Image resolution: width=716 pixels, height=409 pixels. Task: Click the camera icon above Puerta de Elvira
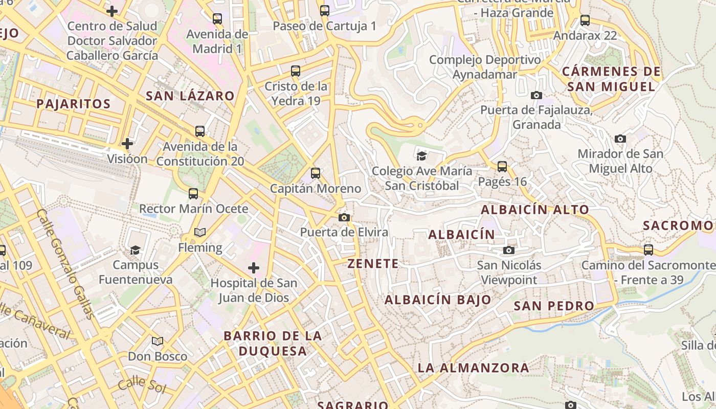coord(344,218)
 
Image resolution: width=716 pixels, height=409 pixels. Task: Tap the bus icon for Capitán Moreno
coord(316,173)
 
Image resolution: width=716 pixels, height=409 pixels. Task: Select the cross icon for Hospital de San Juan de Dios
coord(254,268)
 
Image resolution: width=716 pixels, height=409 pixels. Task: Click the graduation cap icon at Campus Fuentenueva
coord(135,250)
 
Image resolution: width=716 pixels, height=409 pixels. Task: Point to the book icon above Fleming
coord(200,233)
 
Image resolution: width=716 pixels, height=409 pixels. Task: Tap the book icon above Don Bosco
coord(158,341)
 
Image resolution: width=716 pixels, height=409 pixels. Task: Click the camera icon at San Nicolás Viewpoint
coord(508,250)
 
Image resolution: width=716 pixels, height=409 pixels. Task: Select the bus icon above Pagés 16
coord(502,167)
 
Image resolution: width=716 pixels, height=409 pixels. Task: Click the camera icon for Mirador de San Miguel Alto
coord(620,139)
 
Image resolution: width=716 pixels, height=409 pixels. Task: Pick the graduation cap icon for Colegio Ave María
coord(421,156)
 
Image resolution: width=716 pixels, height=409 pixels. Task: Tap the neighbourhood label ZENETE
coord(373,264)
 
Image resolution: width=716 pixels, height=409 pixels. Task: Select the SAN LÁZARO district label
coord(190,96)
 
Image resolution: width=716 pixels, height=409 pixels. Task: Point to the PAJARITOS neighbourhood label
coord(74,104)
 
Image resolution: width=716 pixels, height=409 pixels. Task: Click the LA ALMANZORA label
coord(474,368)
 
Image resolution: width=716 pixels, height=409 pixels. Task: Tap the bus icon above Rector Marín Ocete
coord(193,194)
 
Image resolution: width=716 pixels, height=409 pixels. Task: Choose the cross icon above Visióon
coord(127,144)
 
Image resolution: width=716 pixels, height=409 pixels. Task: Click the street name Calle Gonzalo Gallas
coord(65,263)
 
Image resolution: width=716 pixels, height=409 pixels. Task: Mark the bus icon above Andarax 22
coord(585,21)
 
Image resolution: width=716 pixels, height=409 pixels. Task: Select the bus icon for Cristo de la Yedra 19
coord(296,71)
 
